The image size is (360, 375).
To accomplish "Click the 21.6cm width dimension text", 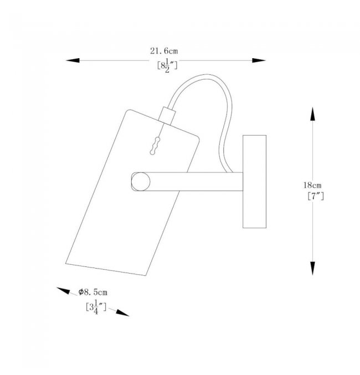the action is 164,51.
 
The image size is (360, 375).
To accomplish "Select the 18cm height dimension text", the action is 312,185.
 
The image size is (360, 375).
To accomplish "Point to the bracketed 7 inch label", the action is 316,196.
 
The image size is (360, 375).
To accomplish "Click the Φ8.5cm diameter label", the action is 93,292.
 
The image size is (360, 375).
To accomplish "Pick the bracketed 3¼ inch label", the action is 96,307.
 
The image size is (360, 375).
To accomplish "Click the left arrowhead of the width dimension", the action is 73,60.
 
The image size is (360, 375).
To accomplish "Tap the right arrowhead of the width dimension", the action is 259,60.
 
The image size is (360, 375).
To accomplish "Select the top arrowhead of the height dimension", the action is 312,114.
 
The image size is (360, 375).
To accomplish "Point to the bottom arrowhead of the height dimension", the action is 312,268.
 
